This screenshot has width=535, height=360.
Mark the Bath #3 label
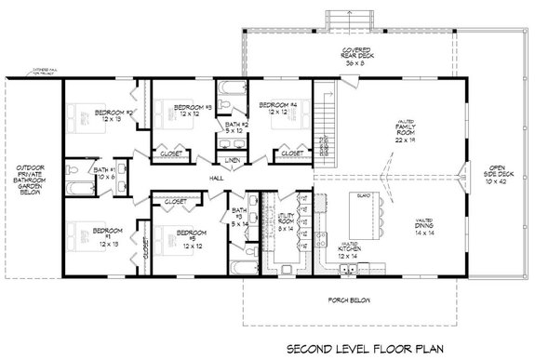[x=240, y=217]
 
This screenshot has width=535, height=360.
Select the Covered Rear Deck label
[x=354, y=59]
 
